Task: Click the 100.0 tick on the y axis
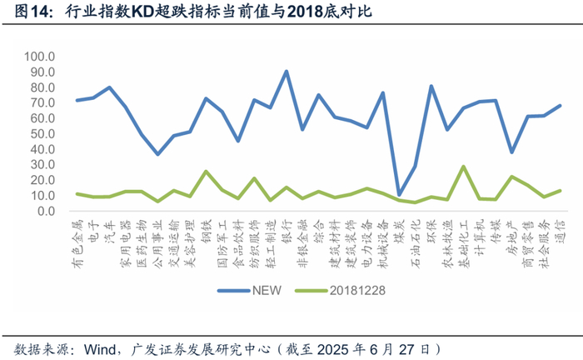pos(39,57)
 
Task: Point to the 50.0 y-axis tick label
pos(42,134)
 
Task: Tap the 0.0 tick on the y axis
pos(45,211)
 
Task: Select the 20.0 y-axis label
pos(42,180)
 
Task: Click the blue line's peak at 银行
pos(286,72)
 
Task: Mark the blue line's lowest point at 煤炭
pos(399,194)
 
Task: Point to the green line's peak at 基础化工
pos(463,167)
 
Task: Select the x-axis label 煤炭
pos(399,228)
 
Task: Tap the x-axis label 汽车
pos(109,228)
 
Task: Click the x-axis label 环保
pos(431,228)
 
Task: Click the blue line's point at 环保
pos(431,86)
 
